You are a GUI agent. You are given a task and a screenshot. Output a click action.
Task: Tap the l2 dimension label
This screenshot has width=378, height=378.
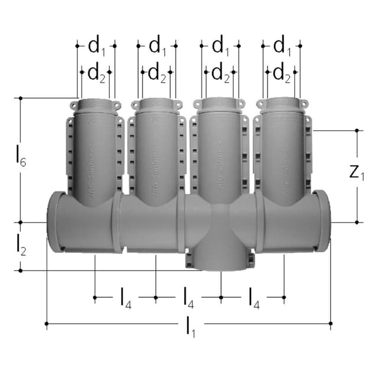click(21, 245)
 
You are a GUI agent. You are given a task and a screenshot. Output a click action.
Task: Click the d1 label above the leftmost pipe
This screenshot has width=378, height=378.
click(96, 45)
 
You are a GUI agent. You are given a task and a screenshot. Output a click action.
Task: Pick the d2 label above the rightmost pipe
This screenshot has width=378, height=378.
click(281, 73)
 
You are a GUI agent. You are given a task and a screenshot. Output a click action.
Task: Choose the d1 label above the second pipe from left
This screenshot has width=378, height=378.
click(157, 45)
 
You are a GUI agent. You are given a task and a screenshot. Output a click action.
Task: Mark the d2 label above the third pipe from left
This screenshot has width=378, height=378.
click(220, 73)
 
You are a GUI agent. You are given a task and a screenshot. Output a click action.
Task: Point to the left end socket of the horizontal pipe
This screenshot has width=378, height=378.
click(56, 221)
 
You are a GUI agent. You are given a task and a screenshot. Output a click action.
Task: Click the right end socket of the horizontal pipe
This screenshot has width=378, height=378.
click(322, 221)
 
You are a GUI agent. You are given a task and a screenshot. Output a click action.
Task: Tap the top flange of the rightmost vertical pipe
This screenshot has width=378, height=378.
click(281, 105)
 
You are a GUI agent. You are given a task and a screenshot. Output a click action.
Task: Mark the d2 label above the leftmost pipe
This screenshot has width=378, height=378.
click(96, 73)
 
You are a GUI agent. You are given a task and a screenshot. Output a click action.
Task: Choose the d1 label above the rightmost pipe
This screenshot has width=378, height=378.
click(281, 45)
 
